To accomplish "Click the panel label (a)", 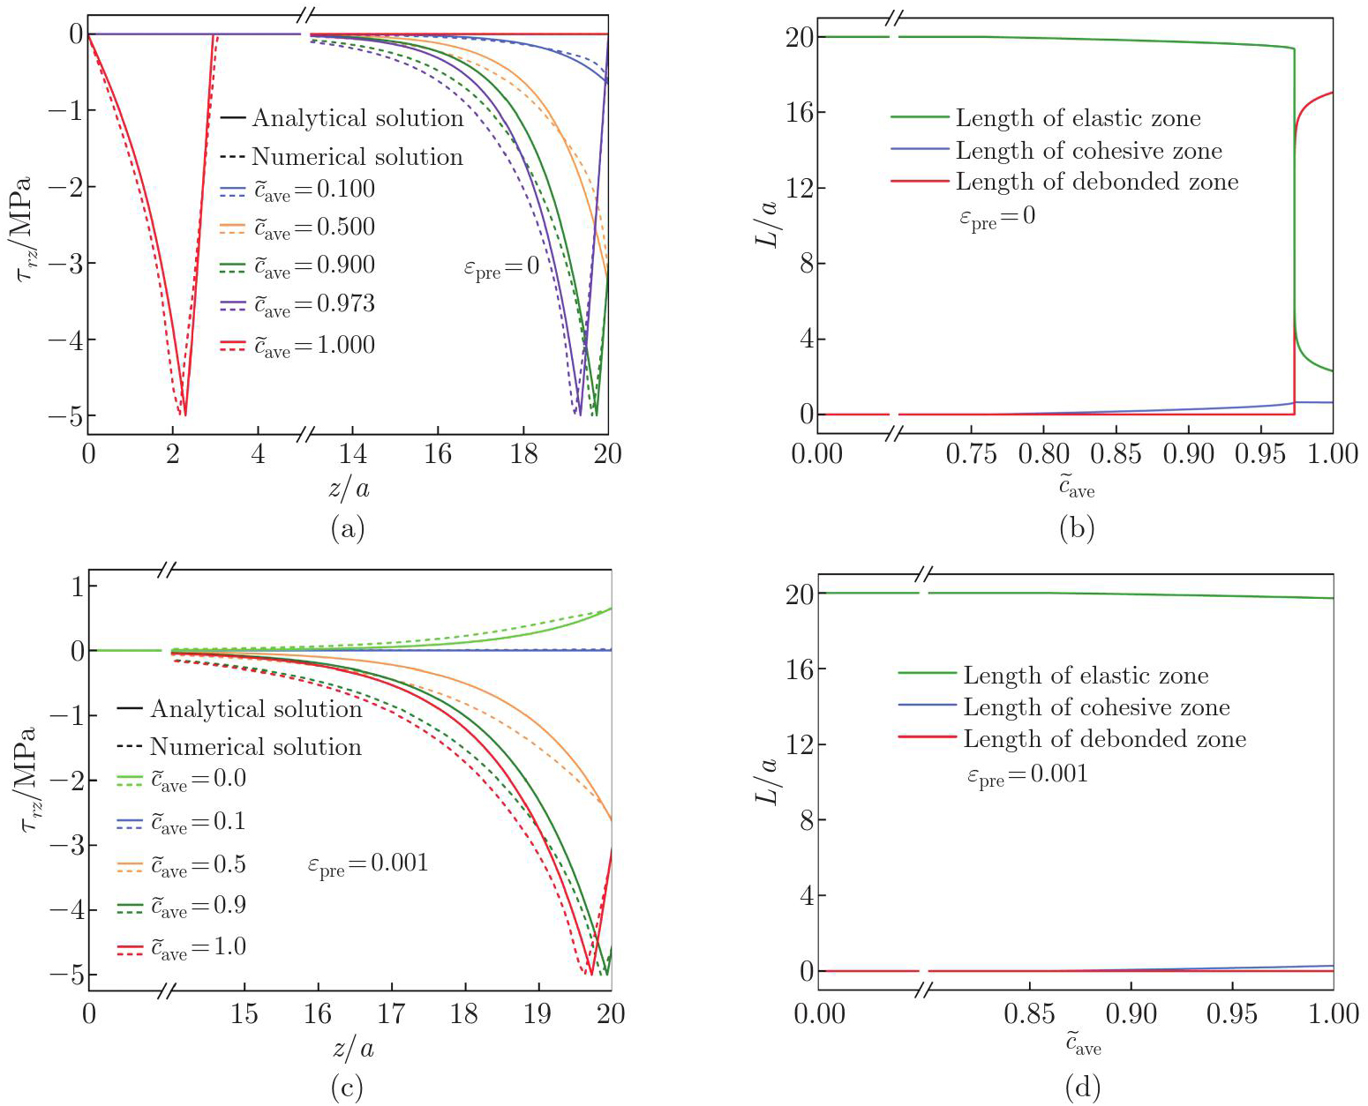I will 347,528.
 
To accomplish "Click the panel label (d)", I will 1082,1087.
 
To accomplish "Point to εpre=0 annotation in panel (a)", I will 501,267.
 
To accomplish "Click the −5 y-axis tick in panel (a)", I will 64,415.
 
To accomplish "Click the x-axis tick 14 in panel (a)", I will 352,454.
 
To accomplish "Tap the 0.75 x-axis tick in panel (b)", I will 971,454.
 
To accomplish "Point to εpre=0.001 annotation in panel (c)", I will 368,864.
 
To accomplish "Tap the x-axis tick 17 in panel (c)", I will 391,1013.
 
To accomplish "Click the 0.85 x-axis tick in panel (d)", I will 1029,1013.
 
